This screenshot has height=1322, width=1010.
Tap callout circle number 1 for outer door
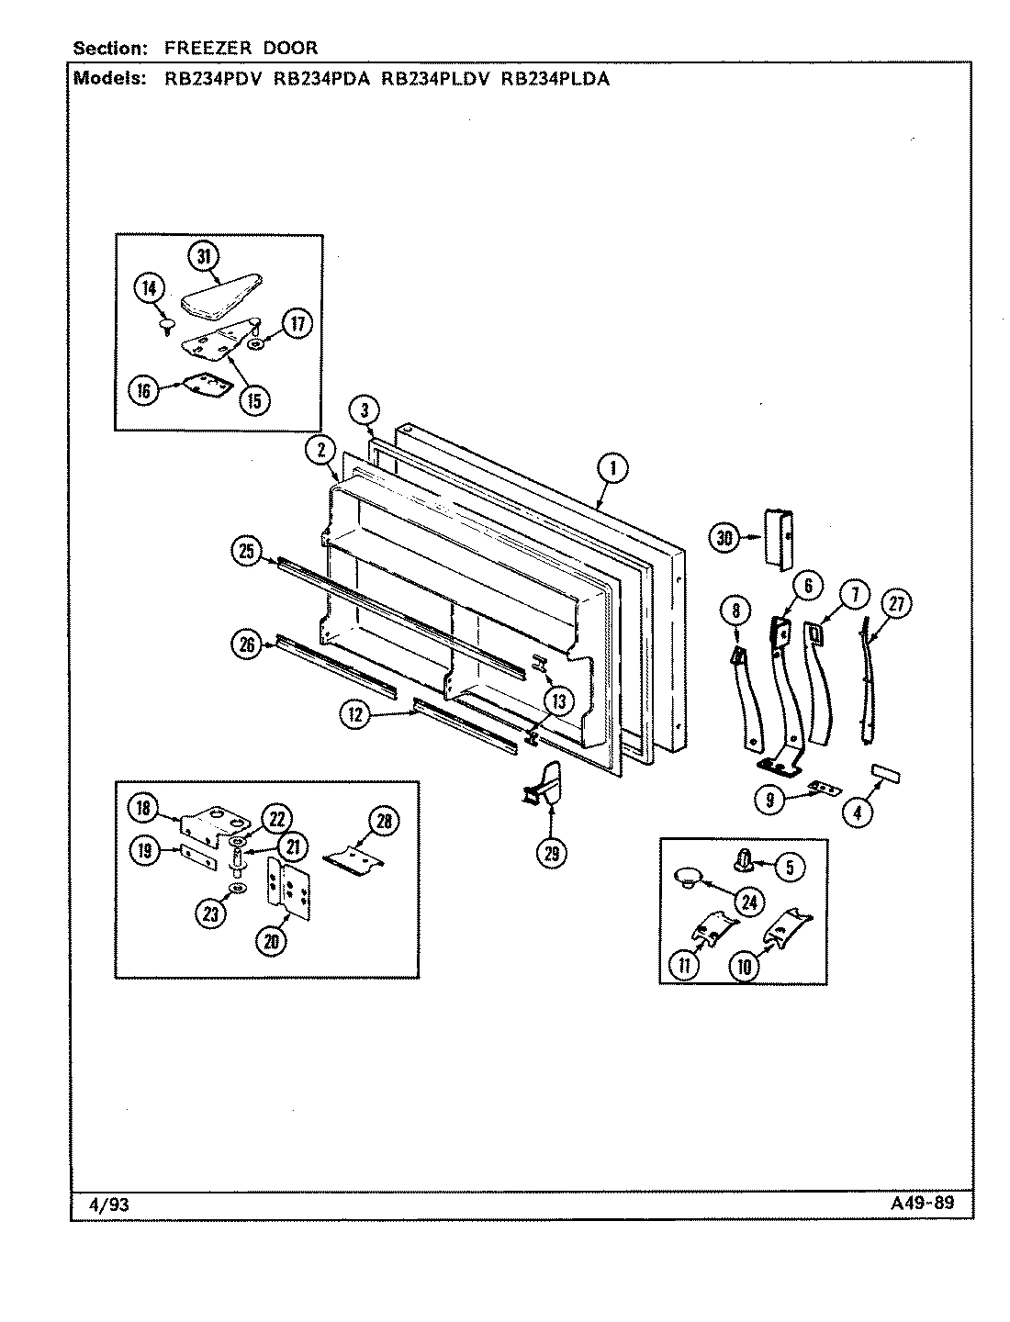(x=612, y=469)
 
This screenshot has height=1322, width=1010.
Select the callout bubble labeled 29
(x=551, y=853)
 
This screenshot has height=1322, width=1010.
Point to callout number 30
(x=725, y=538)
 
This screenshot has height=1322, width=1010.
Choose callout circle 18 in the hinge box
(x=142, y=807)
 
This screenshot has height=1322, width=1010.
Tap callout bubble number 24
(x=750, y=902)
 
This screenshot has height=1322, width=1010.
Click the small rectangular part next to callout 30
(x=777, y=541)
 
